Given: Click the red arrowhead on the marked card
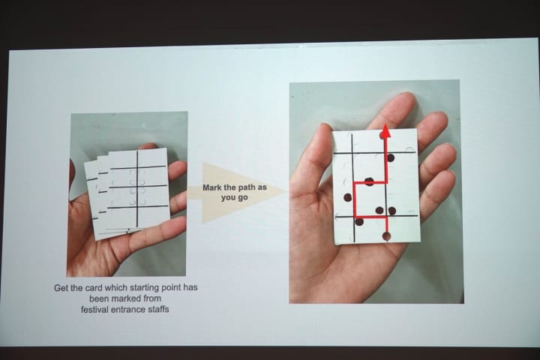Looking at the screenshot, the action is click(385, 131).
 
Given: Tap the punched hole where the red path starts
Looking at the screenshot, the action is click(387, 236).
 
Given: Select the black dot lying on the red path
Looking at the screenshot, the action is click(369, 181).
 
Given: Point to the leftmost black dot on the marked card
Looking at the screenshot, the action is click(348, 197).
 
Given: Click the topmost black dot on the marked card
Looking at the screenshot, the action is click(390, 157).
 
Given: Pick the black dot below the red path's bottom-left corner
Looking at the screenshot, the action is click(358, 222).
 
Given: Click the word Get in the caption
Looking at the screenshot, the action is click(61, 288).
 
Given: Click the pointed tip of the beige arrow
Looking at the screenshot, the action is click(288, 193).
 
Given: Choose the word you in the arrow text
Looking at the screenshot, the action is click(228, 198).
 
